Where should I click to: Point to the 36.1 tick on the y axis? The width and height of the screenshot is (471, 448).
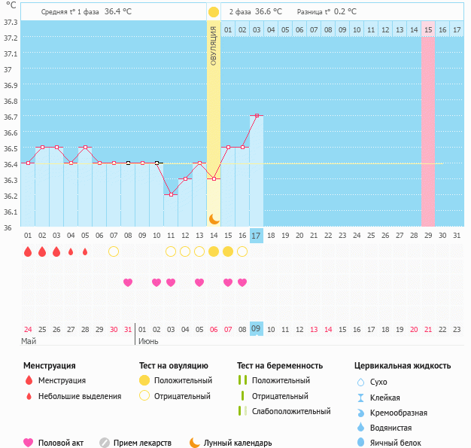11,212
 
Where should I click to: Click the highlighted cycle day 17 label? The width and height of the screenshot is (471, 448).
257,236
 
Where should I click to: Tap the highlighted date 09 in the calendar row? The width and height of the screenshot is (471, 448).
257,328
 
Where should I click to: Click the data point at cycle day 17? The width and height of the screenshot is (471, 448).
257,115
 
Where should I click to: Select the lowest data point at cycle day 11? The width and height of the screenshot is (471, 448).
171,194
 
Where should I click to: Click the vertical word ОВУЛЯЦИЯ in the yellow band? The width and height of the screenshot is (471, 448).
214,46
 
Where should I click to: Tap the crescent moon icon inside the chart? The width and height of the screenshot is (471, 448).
214,218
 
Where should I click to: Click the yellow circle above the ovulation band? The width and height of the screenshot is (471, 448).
214,12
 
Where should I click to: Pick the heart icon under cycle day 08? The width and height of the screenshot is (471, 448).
128,282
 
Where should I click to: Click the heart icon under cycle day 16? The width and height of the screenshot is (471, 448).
242,282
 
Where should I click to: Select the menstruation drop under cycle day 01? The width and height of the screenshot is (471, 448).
28,251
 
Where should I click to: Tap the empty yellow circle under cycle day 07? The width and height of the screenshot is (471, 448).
114,251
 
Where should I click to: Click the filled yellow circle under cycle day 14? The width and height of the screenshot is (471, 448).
214,251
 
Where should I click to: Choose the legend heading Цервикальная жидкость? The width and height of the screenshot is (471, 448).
403,366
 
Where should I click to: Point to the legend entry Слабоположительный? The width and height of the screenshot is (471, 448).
290,411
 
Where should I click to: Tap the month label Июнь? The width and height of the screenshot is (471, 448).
147,341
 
